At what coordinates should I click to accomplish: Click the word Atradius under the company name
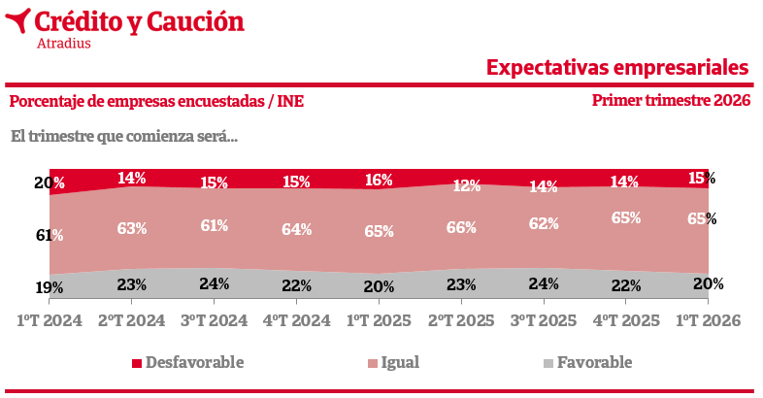pos(63,44)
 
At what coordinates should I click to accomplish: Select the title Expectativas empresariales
pos(617,68)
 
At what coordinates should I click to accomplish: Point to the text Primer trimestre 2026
pos(671,101)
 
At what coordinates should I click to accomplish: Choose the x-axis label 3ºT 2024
pos(214,320)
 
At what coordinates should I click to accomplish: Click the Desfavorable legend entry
pos(186,363)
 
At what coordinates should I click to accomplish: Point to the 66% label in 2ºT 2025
pos(461,227)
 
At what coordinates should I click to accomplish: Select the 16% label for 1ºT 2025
pos(379,180)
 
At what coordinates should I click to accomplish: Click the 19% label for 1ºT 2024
pos(50,287)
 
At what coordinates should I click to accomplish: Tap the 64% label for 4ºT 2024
pos(296,229)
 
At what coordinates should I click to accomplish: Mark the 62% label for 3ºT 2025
pos(544,223)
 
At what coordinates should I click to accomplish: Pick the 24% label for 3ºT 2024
pos(214,283)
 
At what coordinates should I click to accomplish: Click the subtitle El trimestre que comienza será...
pos(124,135)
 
